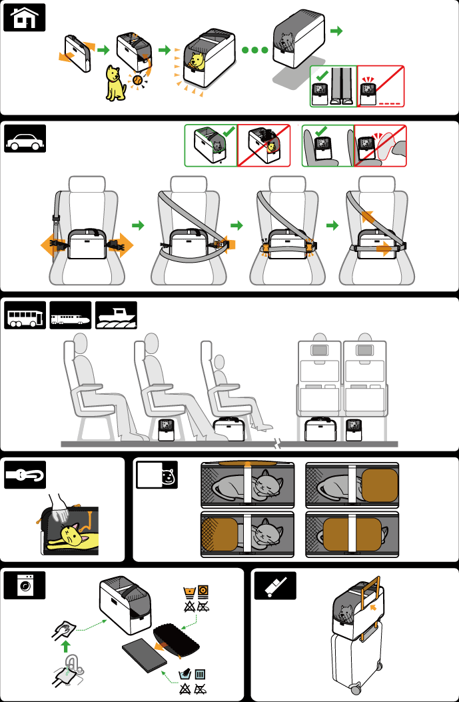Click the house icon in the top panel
click(26, 18)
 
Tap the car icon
click(26, 141)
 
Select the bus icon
click(26, 315)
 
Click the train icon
click(71, 315)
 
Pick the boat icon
click(116, 315)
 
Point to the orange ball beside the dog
click(137, 80)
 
